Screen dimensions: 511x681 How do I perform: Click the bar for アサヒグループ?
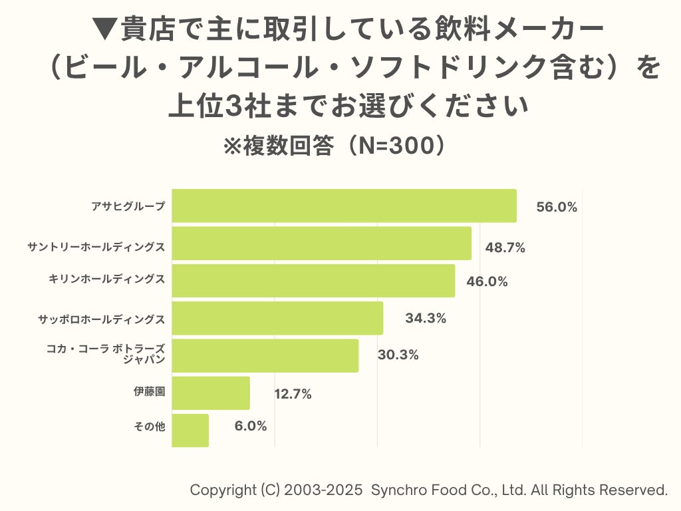point(344,206)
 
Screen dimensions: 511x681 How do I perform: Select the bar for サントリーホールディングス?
point(321,244)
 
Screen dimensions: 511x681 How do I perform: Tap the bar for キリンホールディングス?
point(313,281)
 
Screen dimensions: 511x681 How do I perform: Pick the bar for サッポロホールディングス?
point(277,318)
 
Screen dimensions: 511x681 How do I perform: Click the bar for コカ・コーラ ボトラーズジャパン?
point(265,355)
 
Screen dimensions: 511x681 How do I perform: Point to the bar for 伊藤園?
point(211,393)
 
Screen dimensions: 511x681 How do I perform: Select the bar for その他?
point(190,430)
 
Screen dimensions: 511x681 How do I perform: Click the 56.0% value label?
point(557,207)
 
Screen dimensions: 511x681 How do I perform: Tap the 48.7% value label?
point(505,248)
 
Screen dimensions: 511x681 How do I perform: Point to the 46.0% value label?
point(487,281)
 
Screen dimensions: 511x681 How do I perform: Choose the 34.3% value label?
point(426,318)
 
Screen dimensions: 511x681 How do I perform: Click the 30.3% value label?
point(398,355)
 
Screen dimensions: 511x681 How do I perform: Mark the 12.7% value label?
point(293,394)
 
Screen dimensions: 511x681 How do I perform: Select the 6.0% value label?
point(251,426)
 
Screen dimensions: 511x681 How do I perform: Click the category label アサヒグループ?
point(128,206)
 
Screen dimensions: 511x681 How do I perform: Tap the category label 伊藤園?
point(149,392)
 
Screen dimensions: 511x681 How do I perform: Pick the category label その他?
point(149,426)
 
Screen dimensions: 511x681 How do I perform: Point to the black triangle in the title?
point(104,30)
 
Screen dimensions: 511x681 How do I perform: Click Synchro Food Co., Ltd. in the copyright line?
point(448,490)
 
